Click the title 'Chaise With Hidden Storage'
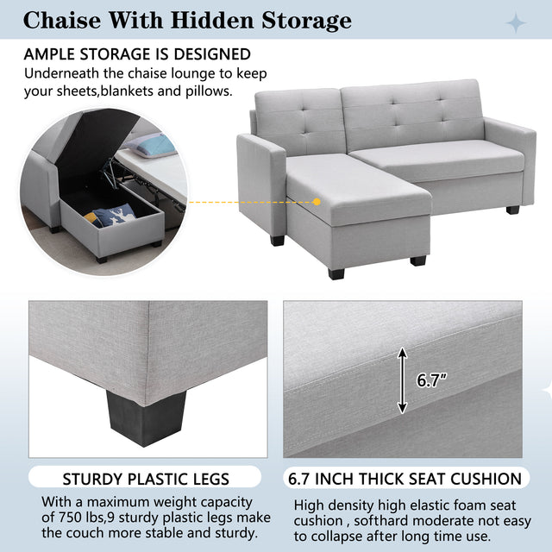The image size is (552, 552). click(x=186, y=20)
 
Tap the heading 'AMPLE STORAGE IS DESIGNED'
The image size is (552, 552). click(x=138, y=54)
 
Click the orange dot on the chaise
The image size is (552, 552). click(x=317, y=202)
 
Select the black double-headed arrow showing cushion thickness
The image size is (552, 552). click(x=401, y=379)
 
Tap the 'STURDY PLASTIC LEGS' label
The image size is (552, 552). click(x=146, y=479)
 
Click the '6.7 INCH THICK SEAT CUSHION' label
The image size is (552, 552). click(x=406, y=479)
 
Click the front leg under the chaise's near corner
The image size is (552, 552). click(x=336, y=271)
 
